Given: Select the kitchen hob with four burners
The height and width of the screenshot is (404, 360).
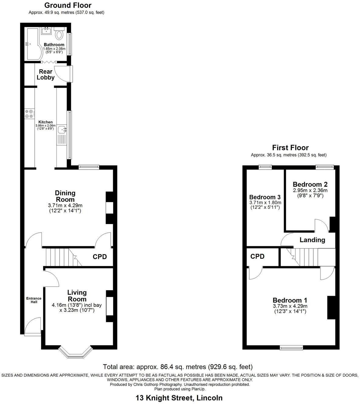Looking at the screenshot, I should click(x=29, y=114).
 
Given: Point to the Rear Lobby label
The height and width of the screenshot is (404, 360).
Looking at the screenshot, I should click(x=46, y=74).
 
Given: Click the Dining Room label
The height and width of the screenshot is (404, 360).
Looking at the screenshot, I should click(x=65, y=196).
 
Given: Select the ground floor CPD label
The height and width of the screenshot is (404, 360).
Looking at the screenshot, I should click(x=100, y=257).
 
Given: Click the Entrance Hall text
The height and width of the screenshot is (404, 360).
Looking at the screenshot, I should click(x=34, y=300).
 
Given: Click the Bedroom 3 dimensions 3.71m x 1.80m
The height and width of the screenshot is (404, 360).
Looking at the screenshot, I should click(x=265, y=202).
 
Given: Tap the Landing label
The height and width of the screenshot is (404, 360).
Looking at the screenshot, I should click(x=312, y=240).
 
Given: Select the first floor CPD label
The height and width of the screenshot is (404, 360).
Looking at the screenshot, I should click(x=257, y=256).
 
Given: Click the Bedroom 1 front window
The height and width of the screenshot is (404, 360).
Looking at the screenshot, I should click(x=291, y=347).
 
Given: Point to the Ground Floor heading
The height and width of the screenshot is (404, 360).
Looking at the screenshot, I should click(x=67, y=5).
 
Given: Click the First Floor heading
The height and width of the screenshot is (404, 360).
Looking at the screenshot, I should click(x=290, y=148).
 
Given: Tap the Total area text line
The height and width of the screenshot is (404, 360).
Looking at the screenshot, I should click(x=178, y=367).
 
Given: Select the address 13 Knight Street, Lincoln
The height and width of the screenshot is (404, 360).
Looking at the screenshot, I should click(x=179, y=398).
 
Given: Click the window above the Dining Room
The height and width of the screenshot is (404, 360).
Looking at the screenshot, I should click(x=89, y=166).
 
